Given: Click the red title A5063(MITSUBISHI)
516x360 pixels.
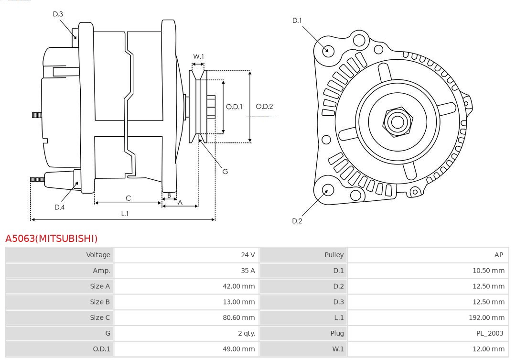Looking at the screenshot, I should (x=51, y=238).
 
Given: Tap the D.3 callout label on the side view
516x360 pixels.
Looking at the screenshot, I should (x=58, y=14).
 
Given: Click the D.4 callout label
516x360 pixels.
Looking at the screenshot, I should (x=59, y=207).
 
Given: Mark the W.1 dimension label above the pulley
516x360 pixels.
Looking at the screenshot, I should (x=198, y=56).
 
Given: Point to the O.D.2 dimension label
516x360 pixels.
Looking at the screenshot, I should (x=264, y=107).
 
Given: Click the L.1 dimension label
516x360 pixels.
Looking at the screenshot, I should (x=124, y=214).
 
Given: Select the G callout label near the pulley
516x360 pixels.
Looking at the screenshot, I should (x=225, y=171).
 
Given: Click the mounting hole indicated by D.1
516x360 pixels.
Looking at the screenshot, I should (x=328, y=50).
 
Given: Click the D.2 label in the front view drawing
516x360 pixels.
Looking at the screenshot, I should (x=297, y=221).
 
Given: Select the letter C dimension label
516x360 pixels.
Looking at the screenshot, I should (x=128, y=198).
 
